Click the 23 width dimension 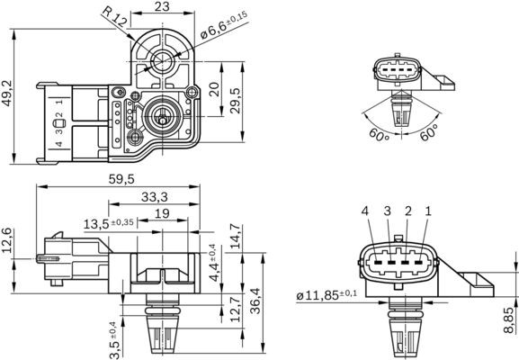[x=162, y=6]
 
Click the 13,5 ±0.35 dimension [x=109, y=222]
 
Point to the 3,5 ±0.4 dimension [x=112, y=335]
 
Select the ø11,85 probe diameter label [x=327, y=292]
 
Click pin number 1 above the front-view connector [x=428, y=211]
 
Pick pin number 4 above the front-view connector [x=366, y=211]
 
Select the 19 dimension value [x=162, y=213]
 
